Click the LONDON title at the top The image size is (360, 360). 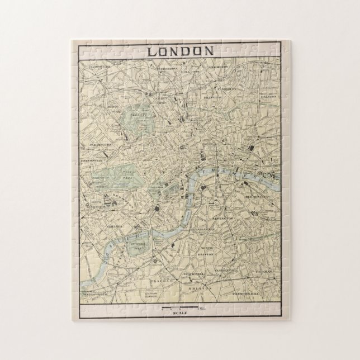click(x=179, y=50)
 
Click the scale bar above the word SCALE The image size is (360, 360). click(x=179, y=307)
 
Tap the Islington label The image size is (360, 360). click(x=212, y=96)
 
